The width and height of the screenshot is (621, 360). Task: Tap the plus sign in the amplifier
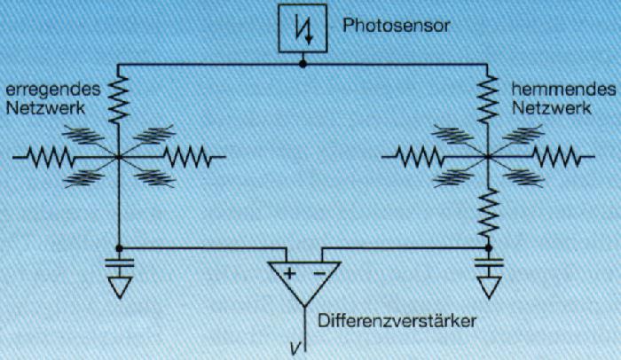[289, 273]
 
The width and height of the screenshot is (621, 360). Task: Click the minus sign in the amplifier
[318, 273]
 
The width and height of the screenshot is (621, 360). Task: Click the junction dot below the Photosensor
[303, 64]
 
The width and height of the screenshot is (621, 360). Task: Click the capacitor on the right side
[488, 262]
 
